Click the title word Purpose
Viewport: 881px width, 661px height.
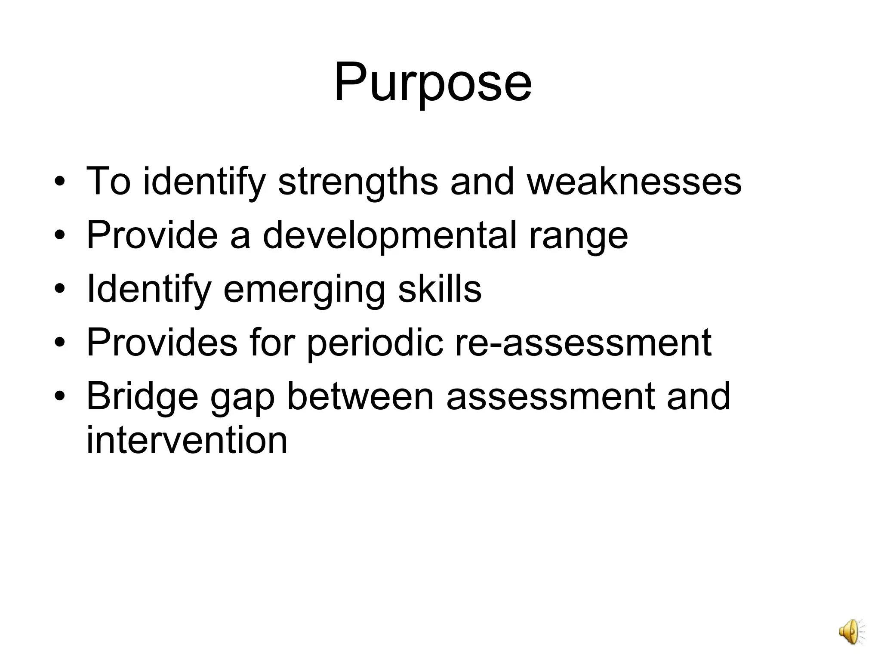point(433,83)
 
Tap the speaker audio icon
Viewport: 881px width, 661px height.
point(851,631)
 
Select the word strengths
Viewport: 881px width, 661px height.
point(358,182)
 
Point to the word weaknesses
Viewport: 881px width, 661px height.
point(635,182)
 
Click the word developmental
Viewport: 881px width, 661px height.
point(390,235)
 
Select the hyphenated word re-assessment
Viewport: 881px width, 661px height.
point(583,343)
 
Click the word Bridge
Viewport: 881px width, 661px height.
point(142,397)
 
